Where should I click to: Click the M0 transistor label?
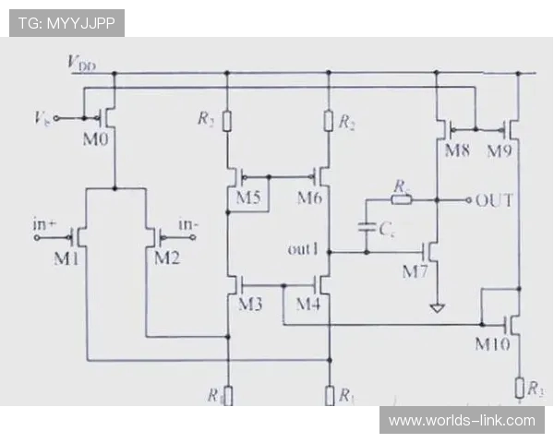click(x=95, y=139)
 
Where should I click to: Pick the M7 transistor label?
click(x=416, y=270)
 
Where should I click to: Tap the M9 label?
click(x=500, y=150)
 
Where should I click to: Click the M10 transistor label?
click(x=493, y=344)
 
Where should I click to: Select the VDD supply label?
click(x=82, y=63)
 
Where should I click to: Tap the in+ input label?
click(x=46, y=223)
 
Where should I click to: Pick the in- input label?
click(x=187, y=223)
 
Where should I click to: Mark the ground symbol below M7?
click(x=437, y=306)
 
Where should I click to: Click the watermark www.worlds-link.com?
click(x=462, y=421)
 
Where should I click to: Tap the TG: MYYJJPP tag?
click(x=66, y=23)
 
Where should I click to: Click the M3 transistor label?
click(x=250, y=305)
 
